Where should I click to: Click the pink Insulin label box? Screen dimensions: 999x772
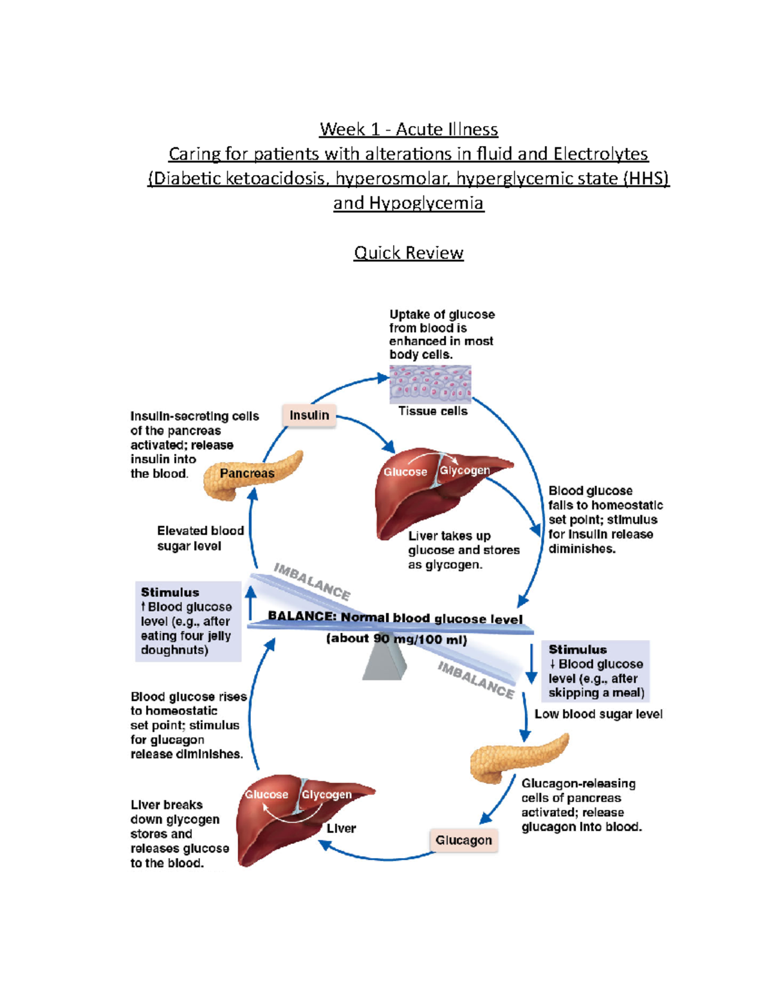[309, 416]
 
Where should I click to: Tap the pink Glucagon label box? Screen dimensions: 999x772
[463, 840]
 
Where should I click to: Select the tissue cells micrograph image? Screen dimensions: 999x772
[430, 384]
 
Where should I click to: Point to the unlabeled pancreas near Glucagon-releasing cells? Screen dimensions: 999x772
[518, 757]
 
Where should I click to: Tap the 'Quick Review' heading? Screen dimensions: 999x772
[409, 253]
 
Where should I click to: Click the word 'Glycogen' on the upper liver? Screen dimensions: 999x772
[464, 470]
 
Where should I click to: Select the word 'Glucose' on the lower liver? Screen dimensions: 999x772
[266, 794]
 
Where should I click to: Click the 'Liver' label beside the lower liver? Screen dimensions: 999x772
[341, 829]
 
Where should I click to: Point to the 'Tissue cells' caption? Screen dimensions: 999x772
[432, 411]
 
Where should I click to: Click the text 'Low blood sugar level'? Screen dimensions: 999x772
[598, 714]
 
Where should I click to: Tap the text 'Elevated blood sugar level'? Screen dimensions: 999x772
[200, 538]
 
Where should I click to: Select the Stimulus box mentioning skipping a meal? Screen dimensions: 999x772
[595, 671]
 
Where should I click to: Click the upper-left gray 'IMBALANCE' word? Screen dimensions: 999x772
[312, 582]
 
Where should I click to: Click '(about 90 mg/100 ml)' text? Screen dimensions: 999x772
[396, 639]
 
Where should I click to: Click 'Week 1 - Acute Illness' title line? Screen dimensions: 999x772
[409, 129]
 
